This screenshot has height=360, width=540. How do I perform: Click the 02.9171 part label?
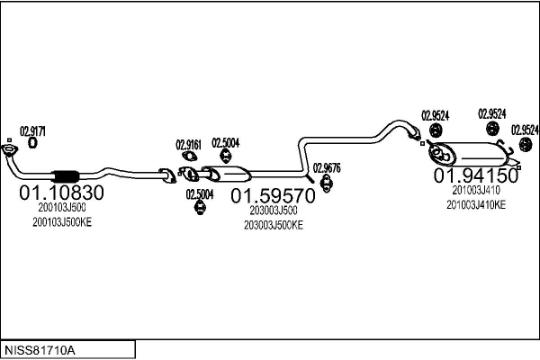[32, 130]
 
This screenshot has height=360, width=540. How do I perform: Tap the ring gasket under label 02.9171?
[33, 141]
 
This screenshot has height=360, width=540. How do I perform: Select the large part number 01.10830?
[61, 193]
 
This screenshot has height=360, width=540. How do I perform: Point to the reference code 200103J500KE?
[56, 221]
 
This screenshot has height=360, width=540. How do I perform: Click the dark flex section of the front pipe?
[67, 175]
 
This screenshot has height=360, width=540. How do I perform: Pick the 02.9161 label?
[188, 143]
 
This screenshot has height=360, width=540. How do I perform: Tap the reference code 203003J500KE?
[274, 225]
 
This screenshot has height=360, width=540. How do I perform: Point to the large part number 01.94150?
[477, 174]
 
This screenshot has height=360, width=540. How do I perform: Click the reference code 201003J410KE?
[476, 204]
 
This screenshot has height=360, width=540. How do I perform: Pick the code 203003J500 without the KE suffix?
[274, 211]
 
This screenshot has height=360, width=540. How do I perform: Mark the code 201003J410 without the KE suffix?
[476, 190]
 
